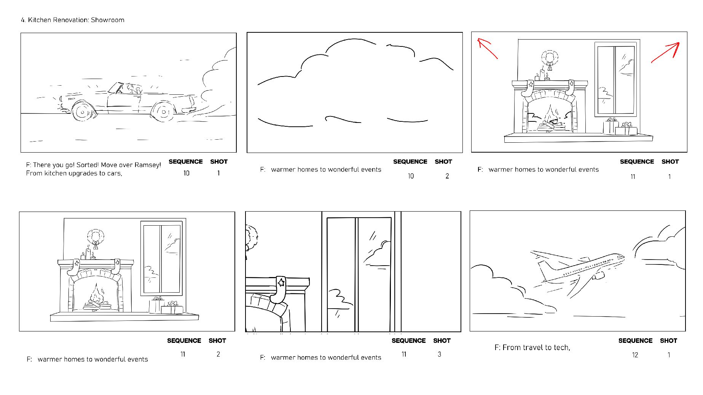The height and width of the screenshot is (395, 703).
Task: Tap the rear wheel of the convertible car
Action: (x=164, y=112)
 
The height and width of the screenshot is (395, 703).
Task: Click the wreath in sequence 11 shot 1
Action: (x=550, y=58)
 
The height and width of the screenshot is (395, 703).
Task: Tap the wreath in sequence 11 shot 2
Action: (x=96, y=237)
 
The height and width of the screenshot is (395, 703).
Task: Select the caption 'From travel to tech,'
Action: (x=532, y=347)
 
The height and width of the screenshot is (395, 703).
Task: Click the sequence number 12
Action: (x=635, y=355)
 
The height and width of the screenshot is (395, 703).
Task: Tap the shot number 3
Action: (x=439, y=354)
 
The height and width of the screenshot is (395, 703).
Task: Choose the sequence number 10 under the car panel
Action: (x=186, y=173)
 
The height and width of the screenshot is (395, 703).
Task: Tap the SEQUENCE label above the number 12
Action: (x=635, y=341)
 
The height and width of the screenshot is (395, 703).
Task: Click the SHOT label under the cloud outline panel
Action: (x=443, y=162)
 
